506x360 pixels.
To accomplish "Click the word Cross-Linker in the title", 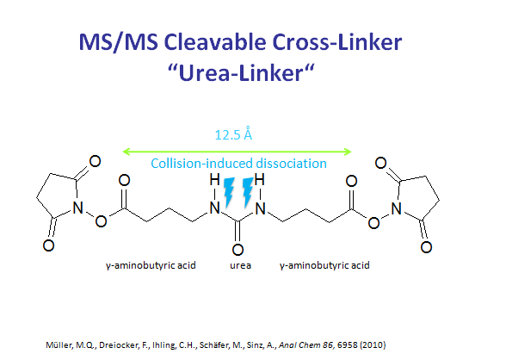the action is click(337, 42).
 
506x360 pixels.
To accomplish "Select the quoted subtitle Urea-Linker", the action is click(241, 72).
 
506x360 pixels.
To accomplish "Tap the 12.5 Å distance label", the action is click(233, 134).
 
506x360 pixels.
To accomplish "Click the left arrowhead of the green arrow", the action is click(126, 151).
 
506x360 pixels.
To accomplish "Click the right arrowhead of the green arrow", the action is click(348, 152).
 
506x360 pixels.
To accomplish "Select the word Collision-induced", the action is click(198, 164).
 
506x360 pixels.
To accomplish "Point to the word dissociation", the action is click(287, 164).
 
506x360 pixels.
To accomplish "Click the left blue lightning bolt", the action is click(230, 192).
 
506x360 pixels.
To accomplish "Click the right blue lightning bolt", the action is click(248, 192).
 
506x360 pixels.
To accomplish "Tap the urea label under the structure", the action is click(240, 266).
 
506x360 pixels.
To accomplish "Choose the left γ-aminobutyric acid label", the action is click(151, 266).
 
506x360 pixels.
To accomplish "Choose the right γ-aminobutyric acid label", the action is click(324, 266).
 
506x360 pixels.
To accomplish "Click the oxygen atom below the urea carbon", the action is click(238, 250).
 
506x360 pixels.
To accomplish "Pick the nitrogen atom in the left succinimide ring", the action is click(77, 208).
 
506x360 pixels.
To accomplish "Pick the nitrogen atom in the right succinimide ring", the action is click(396, 208).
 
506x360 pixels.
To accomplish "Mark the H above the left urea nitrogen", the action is click(214, 179).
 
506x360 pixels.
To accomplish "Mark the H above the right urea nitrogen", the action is click(260, 179).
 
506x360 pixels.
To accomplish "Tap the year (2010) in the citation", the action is click(373, 345).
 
